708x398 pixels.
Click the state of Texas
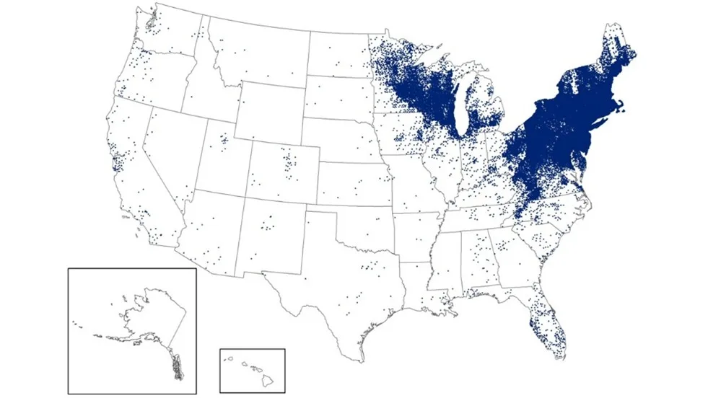(339, 296)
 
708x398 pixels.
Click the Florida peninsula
(545, 324)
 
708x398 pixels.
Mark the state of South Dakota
(339, 105)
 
